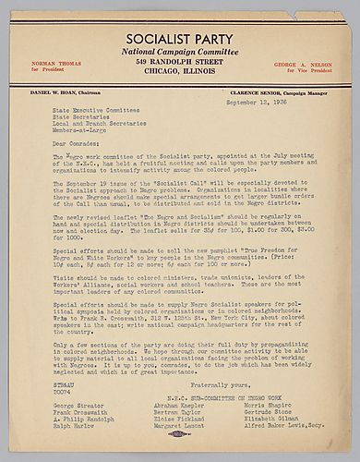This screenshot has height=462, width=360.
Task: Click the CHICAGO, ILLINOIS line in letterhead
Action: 180,82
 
